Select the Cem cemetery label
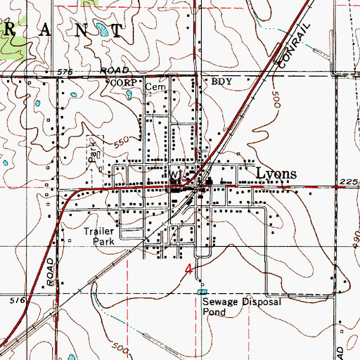pos(153,89)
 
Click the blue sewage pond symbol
pos(203,290)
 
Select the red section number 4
pos(188,269)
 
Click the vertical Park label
pos(91,154)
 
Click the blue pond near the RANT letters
pos(102,31)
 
